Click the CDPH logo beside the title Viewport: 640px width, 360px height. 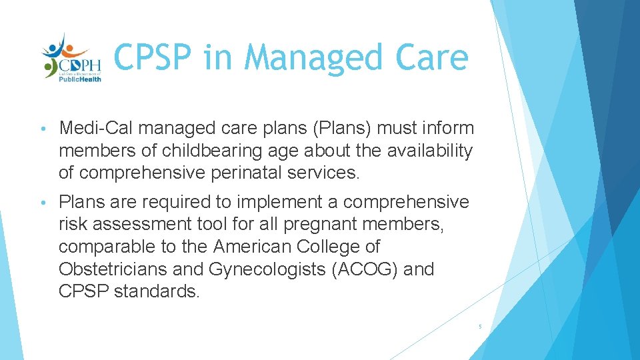71,57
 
